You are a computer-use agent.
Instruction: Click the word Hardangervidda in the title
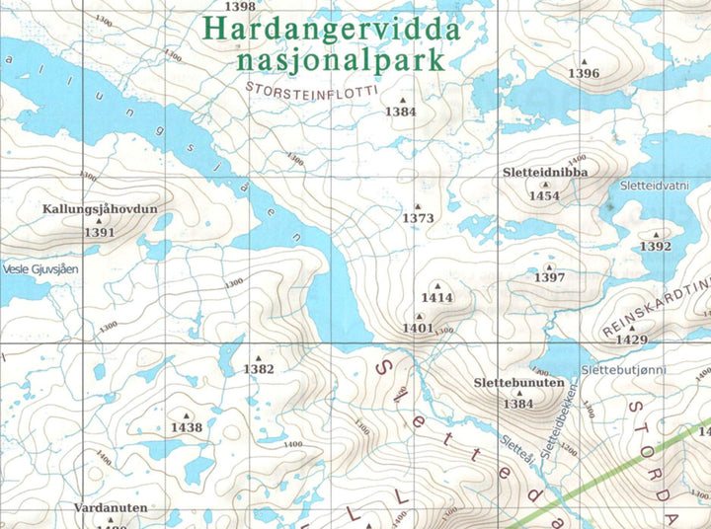pyautogui.click(x=331, y=29)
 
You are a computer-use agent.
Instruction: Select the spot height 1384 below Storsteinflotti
pyautogui.click(x=401, y=113)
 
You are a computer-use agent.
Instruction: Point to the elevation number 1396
pyautogui.click(x=584, y=74)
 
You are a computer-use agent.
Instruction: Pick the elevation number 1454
pyautogui.click(x=544, y=196)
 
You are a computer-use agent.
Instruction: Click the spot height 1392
pyautogui.click(x=656, y=247)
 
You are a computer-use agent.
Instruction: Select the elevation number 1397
pyautogui.click(x=549, y=278)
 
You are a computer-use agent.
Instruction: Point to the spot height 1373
pyautogui.click(x=418, y=218)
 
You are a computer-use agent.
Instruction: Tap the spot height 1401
pyautogui.click(x=418, y=328)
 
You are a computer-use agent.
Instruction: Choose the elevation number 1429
pyautogui.click(x=631, y=340)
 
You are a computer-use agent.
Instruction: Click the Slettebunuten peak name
pyautogui.click(x=518, y=382)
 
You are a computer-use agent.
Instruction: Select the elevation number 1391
pyautogui.click(x=100, y=233)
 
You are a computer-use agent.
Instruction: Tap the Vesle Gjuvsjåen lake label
pyautogui.click(x=39, y=268)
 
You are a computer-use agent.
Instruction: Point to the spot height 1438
pyautogui.click(x=186, y=428)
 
